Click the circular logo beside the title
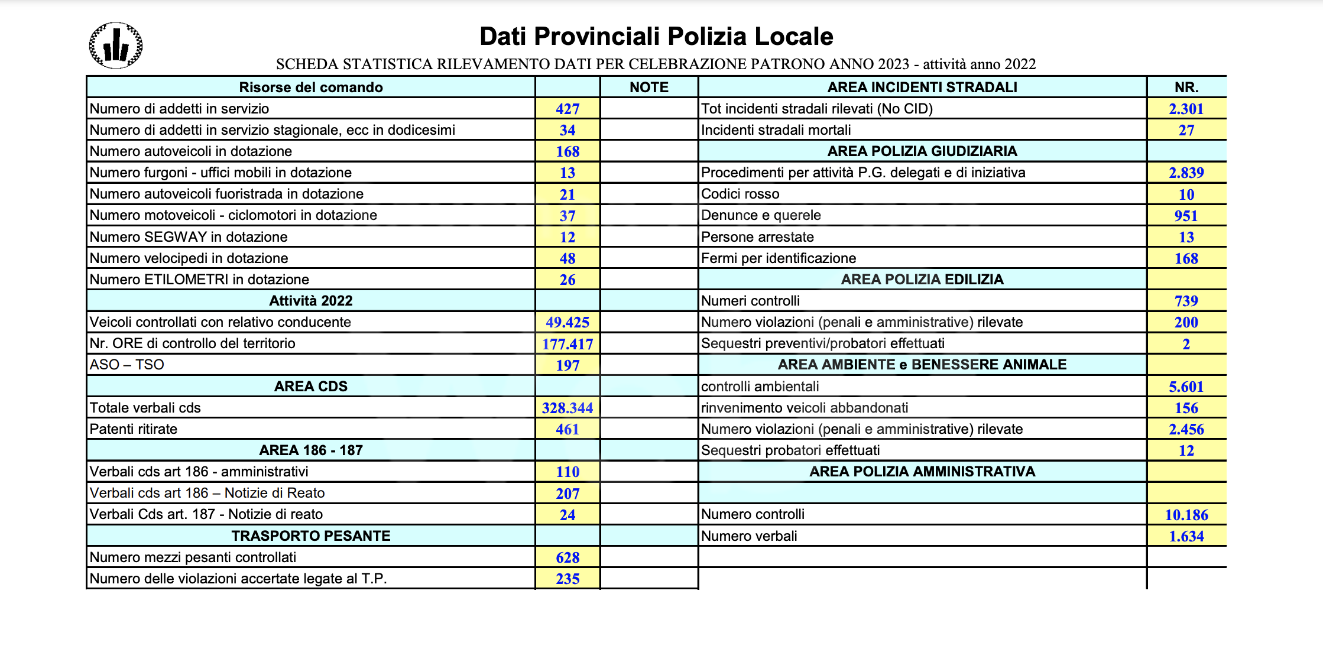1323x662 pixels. pyautogui.click(x=115, y=46)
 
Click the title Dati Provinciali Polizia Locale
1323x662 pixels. pyautogui.click(x=656, y=36)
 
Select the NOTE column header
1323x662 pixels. pyautogui.click(x=648, y=87)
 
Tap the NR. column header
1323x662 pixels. pyautogui.click(x=1186, y=87)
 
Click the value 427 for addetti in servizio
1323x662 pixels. pyautogui.click(x=567, y=109)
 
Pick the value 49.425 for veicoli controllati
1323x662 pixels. pyautogui.click(x=567, y=322)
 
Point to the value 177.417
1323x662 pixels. pyautogui.click(x=567, y=344)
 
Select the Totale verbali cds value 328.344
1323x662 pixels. pyautogui.click(x=567, y=408)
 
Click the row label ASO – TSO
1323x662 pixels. pyautogui.click(x=127, y=365)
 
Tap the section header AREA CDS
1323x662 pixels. pyautogui.click(x=310, y=387)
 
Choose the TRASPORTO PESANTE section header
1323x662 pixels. pyautogui.click(x=310, y=536)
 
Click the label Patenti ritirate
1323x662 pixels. pyautogui.click(x=134, y=429)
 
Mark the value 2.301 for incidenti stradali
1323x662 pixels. pyautogui.click(x=1186, y=109)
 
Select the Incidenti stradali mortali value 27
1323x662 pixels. pyautogui.click(x=1186, y=130)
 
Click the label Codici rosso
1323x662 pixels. pyautogui.click(x=740, y=194)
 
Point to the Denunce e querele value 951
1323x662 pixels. pyautogui.click(x=1186, y=216)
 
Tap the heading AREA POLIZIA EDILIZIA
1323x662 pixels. pyautogui.click(x=922, y=280)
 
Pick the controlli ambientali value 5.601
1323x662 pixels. pyautogui.click(x=1186, y=387)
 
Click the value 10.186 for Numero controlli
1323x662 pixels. pyautogui.click(x=1186, y=515)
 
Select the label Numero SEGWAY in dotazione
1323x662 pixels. pyautogui.click(x=189, y=237)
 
